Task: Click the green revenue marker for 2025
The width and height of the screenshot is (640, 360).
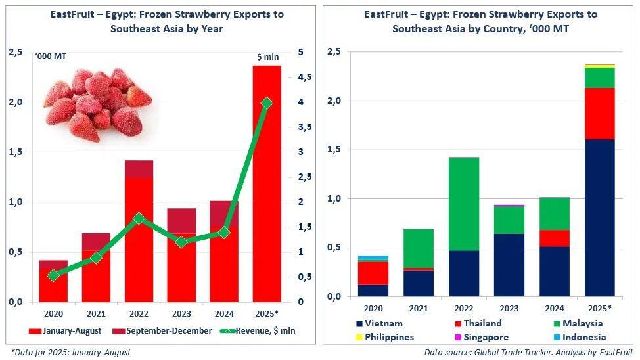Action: pyautogui.click(x=267, y=103)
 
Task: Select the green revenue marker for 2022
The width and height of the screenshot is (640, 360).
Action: pyautogui.click(x=139, y=218)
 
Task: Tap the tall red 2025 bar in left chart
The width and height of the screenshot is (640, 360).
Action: pyautogui.click(x=267, y=197)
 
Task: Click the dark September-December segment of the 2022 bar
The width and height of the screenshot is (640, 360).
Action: pyautogui.click(x=139, y=169)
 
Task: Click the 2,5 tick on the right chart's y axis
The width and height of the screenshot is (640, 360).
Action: pyautogui.click(x=334, y=52)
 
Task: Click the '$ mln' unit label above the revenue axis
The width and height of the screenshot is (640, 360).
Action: pyautogui.click(x=267, y=57)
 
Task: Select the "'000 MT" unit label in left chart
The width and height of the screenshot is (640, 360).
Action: pyautogui.click(x=51, y=57)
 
